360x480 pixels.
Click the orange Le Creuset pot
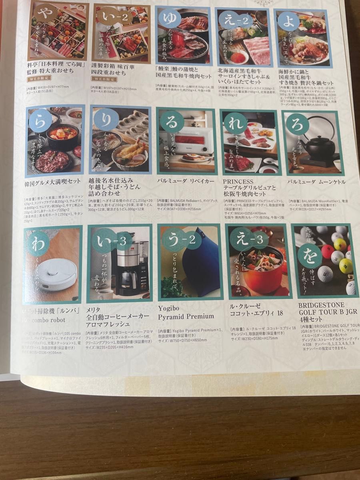[260, 270]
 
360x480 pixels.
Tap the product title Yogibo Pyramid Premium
[186, 312]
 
